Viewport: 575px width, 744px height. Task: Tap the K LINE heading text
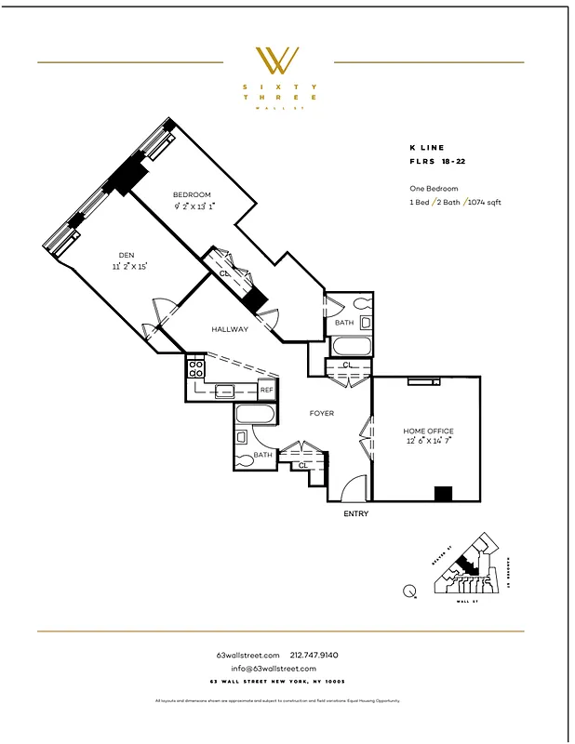pyautogui.click(x=427, y=147)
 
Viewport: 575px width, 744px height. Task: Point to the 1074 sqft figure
pyautogui.click(x=484, y=202)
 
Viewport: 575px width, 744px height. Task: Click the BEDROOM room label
pyautogui.click(x=192, y=194)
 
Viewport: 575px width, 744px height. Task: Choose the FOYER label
pyautogui.click(x=322, y=413)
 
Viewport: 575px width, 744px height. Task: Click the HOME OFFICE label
pyautogui.click(x=428, y=432)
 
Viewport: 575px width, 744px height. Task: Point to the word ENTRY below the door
pyautogui.click(x=356, y=513)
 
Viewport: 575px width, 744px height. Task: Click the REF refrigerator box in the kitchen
pyautogui.click(x=267, y=391)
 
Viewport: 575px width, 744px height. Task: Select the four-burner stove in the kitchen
pyautogui.click(x=196, y=369)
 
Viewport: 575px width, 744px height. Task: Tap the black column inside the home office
pyautogui.click(x=444, y=494)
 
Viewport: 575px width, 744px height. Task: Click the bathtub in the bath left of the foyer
pyautogui.click(x=255, y=414)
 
